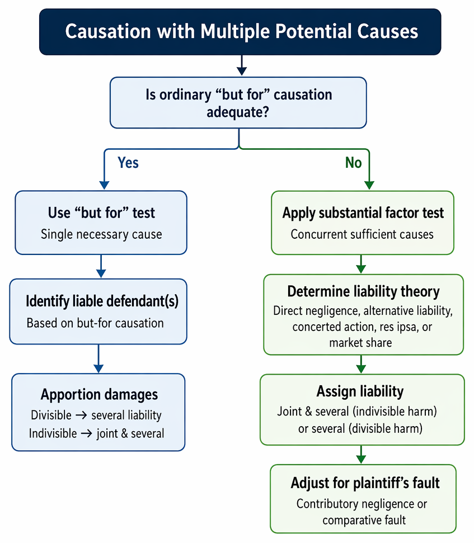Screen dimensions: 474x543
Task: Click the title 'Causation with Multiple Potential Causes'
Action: tap(242, 31)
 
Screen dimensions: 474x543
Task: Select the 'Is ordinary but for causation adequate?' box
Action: tap(238, 103)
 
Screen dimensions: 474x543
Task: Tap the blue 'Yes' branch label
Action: tap(128, 162)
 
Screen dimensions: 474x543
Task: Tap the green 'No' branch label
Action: tap(354, 162)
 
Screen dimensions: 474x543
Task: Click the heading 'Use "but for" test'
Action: tap(101, 213)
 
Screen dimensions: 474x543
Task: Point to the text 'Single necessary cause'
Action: tap(101, 234)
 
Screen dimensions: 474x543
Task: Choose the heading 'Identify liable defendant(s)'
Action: tap(102, 301)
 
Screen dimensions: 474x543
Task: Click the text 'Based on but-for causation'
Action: tap(95, 323)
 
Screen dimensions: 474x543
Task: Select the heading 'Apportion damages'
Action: tap(99, 394)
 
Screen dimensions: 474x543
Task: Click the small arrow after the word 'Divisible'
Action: tap(81, 415)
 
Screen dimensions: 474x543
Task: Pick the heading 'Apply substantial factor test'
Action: tap(363, 213)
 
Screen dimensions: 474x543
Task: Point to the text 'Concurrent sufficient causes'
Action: tap(362, 234)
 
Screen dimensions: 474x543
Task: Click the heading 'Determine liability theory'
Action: tap(363, 291)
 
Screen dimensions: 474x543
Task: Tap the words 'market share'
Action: tap(360, 342)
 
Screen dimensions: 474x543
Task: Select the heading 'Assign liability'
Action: tap(360, 391)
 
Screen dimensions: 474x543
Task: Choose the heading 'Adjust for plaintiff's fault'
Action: tap(365, 483)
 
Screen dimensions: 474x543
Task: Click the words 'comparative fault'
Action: tap(364, 520)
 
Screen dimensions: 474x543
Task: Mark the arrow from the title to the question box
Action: tap(242, 65)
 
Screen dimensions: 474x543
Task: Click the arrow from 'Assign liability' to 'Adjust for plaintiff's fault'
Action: tap(361, 454)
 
